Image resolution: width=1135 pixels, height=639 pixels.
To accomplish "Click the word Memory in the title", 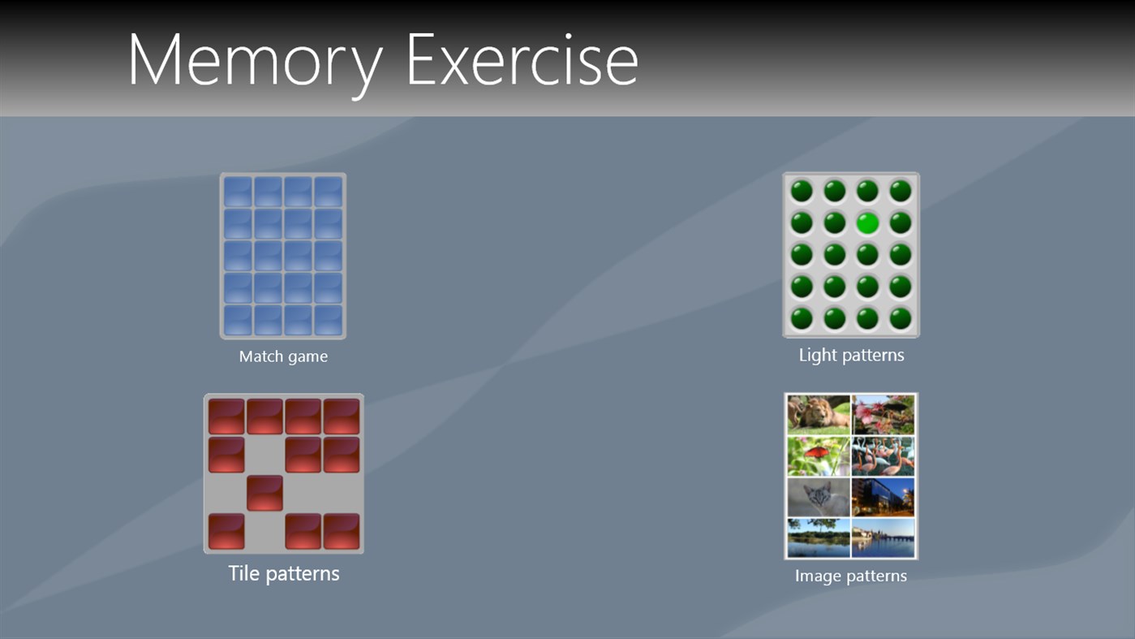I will (x=255, y=61).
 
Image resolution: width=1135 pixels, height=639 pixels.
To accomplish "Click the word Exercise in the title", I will (x=522, y=61).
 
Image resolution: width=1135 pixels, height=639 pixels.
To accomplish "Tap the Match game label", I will (x=283, y=356).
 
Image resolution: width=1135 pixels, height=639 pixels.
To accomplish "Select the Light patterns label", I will (x=851, y=355).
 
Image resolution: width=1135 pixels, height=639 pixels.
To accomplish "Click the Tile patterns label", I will (x=283, y=573).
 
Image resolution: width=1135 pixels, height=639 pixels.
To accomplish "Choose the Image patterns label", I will (x=850, y=576).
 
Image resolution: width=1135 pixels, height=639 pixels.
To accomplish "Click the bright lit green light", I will (x=867, y=222).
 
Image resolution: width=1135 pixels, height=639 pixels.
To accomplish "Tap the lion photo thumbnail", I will (x=819, y=414).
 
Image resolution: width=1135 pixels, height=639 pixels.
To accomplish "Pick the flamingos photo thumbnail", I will (x=883, y=456).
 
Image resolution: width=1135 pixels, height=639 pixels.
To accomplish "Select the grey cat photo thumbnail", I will (x=819, y=497).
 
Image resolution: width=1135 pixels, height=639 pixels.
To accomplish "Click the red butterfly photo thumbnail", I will (x=819, y=456).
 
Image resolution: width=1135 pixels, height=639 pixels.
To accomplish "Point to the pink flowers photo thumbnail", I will (x=883, y=414).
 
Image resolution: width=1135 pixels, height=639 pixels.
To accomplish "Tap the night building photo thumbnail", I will (x=883, y=497).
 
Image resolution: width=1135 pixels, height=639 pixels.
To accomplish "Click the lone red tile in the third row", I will (x=264, y=493).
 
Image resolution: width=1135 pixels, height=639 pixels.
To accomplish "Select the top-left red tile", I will (x=226, y=416).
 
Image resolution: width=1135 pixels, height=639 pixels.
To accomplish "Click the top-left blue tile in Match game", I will (x=238, y=192).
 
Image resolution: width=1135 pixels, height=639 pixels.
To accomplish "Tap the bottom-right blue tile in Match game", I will (x=329, y=320).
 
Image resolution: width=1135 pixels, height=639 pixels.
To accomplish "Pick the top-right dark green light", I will (x=901, y=191).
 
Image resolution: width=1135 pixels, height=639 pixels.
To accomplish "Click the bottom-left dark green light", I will (x=802, y=317).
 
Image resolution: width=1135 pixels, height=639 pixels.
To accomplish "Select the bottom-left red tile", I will (x=226, y=531).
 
